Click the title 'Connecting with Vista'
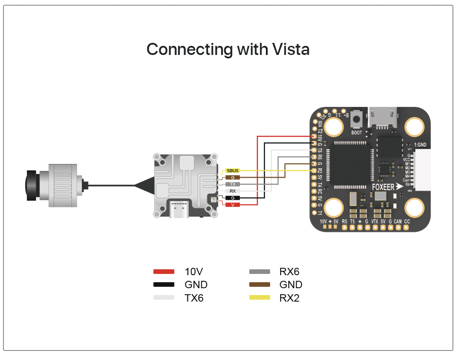click(x=228, y=49)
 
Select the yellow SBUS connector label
click(x=233, y=171)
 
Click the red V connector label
click(x=233, y=204)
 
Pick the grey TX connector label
click(x=233, y=184)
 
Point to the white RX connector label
click(x=233, y=191)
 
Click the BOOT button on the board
click(x=356, y=118)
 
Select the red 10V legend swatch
click(x=164, y=272)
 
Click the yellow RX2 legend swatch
click(x=260, y=298)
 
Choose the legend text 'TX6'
click(x=194, y=298)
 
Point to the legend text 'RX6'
click(x=289, y=272)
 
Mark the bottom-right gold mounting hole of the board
click(x=414, y=208)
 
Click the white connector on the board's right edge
click(x=422, y=170)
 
